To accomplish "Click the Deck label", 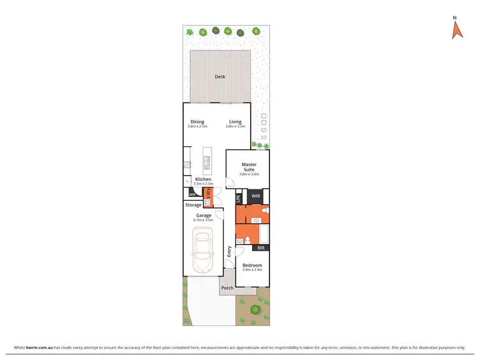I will click(220, 77).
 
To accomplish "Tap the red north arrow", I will click(456, 29).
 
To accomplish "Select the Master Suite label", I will click(249, 167).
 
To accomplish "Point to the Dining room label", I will click(197, 121).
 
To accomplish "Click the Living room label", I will click(236, 121).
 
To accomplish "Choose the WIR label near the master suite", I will click(255, 196).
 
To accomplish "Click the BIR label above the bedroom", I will click(260, 247).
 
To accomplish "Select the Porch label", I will click(227, 288).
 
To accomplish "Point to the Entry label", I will click(228, 251).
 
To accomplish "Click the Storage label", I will click(193, 205).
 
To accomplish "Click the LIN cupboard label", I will click(238, 199).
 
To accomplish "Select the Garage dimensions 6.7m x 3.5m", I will click(204, 220).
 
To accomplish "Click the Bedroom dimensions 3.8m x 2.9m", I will click(252, 269).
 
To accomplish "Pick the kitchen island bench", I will click(207, 161).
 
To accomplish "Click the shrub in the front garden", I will click(255, 310).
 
